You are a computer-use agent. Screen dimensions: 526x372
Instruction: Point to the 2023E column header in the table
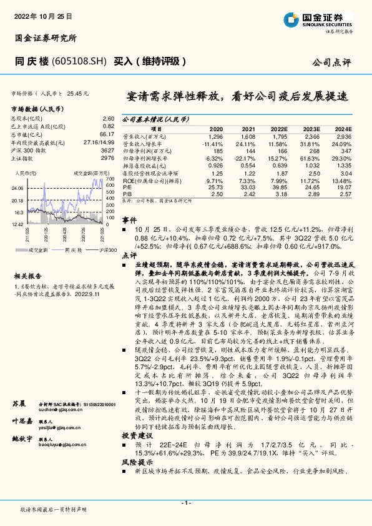pyautogui.click(x=311, y=127)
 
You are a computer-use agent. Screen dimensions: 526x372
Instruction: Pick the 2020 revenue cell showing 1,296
pyautogui.click(x=216, y=136)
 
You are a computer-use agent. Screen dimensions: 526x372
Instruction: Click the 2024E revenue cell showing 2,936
pyautogui.click(x=343, y=136)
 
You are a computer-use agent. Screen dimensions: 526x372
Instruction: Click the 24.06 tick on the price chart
pyautogui.click(x=17, y=187)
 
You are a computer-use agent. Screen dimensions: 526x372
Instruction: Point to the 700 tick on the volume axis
pyautogui.click(x=110, y=178)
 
